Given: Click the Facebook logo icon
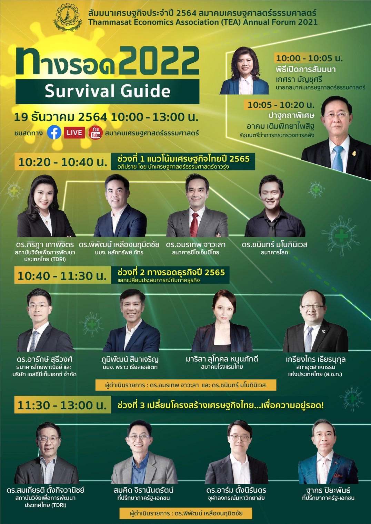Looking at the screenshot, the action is [54, 132].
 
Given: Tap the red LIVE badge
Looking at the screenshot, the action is [74, 133].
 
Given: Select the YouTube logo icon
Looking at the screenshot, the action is [95, 133].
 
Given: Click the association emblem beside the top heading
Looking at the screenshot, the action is [68, 17].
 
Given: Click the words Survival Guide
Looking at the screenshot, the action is [108, 91].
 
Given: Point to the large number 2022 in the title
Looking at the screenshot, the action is [159, 61].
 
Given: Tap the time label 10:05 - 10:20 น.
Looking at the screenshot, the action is [281, 105].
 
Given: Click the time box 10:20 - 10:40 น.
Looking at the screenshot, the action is [62, 162].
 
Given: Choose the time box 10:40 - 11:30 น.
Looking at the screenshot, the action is [62, 275].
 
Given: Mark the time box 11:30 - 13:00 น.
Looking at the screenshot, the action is [62, 405].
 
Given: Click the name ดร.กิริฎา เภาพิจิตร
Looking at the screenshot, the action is [45, 245].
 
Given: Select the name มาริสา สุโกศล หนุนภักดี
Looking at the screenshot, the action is [222, 359].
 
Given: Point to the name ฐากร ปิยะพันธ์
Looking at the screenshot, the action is [328, 490].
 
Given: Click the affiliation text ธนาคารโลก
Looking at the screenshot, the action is [274, 252].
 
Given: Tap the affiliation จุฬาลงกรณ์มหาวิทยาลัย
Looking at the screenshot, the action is [236, 498].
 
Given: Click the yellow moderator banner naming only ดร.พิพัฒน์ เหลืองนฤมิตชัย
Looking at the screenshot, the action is [186, 513].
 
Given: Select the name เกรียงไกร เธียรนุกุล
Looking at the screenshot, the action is [316, 359].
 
